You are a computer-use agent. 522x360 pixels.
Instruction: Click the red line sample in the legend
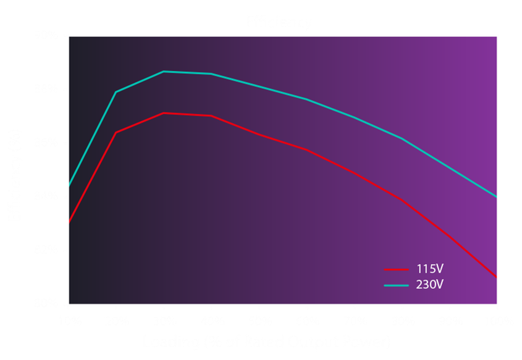[397, 270]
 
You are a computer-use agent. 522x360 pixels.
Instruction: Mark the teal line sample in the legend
[397, 285]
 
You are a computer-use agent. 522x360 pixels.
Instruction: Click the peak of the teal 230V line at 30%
[164, 72]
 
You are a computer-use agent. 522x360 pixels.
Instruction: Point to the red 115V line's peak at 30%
[164, 113]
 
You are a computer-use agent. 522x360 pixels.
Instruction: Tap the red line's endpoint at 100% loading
[497, 277]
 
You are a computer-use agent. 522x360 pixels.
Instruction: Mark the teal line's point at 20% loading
[116, 92]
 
